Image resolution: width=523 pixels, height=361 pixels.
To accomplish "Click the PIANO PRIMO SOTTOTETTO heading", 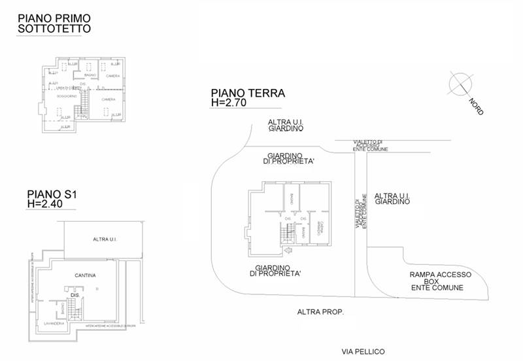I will (54, 23).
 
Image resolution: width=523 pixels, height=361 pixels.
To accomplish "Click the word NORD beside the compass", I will (477, 107).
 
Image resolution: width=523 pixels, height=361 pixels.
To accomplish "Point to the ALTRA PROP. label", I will (320, 312).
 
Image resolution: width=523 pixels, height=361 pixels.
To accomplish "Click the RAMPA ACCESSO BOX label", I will (437, 281).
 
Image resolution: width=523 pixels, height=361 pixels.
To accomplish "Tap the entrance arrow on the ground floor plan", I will (289, 250).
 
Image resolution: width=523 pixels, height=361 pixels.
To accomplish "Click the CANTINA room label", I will (86, 275).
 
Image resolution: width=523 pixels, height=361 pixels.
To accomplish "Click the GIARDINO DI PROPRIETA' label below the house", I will (280, 271).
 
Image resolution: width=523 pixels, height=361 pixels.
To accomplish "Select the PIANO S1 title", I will (52, 194).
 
